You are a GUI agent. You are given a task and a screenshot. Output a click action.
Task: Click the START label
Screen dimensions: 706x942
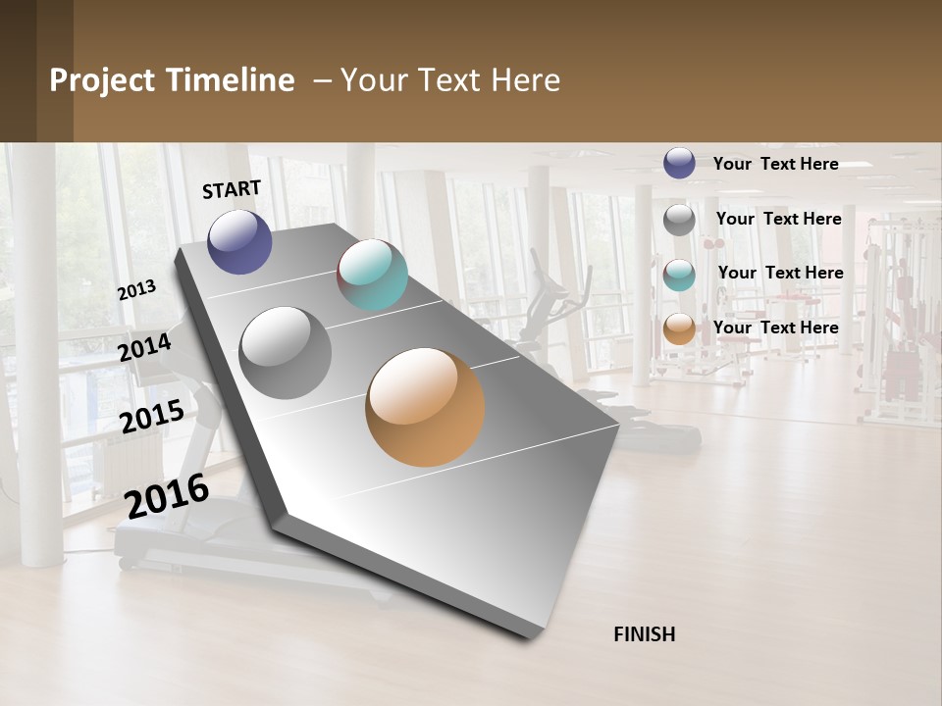pos(232,189)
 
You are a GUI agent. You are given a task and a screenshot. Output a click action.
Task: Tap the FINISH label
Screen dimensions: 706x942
pos(645,634)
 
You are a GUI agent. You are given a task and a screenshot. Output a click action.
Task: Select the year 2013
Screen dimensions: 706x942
pos(136,290)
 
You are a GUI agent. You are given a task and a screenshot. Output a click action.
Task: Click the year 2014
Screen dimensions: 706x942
pos(145,347)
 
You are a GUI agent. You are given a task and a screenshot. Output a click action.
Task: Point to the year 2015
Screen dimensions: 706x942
pos(152,417)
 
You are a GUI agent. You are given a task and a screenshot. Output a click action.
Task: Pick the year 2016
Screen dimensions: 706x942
pos(167,496)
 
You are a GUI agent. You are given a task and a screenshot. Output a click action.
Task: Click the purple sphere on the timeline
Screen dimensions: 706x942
pos(239,241)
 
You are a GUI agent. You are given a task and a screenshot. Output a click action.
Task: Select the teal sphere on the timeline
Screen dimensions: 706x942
pos(372,275)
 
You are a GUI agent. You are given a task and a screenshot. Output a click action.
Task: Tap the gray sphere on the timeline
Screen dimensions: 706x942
pos(285,352)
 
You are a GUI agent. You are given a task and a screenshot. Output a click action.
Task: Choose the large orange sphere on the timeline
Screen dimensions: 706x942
pos(425,407)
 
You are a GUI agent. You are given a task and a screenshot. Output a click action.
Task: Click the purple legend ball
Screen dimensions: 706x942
pos(679,163)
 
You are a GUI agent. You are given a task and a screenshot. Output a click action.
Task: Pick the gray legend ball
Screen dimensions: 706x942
pos(679,220)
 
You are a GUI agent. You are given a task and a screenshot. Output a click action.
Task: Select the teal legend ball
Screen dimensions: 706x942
pos(679,275)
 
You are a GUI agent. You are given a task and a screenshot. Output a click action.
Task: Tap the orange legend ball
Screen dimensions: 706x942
pos(679,329)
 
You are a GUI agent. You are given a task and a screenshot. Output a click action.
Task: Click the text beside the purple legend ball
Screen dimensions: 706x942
pos(775,164)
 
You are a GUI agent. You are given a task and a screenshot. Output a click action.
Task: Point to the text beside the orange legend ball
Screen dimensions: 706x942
pos(775,328)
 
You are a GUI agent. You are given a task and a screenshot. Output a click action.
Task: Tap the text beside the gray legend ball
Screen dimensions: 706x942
pos(778,219)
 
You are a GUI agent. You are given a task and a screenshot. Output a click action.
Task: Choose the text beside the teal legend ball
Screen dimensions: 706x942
pos(780,273)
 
